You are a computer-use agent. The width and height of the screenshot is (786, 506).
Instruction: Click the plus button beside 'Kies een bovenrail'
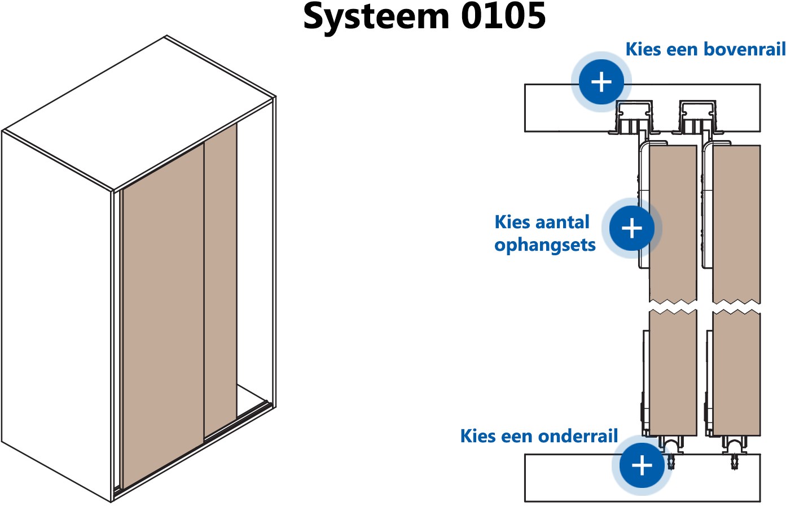601,82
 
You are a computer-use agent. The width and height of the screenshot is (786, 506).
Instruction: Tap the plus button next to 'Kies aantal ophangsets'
631,228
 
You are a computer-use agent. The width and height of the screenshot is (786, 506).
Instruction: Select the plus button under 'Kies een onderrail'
642,465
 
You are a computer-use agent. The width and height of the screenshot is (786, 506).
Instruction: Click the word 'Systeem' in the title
376,17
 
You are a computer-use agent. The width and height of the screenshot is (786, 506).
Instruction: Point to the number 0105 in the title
503,17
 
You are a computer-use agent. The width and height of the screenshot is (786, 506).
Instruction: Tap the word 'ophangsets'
545,245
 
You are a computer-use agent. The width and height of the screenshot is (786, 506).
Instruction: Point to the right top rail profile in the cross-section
697,118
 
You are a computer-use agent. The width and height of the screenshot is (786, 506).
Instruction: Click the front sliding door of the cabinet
163,316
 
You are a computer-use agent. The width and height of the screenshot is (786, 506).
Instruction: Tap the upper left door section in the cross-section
673,220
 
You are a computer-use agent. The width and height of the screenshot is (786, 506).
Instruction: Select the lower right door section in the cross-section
736,373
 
